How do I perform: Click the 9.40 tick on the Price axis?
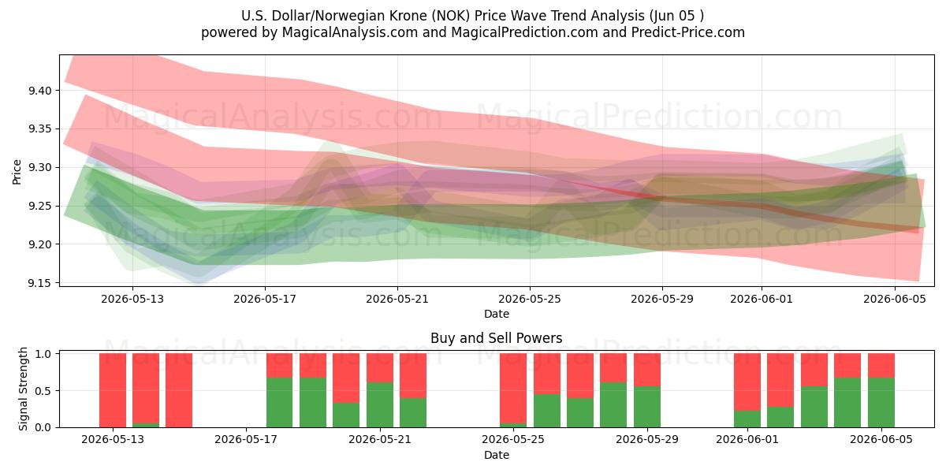pyautogui.click(x=39, y=91)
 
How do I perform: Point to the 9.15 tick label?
pyautogui.click(x=39, y=283)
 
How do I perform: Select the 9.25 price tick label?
pyautogui.click(x=39, y=206)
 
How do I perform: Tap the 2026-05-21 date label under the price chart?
pyautogui.click(x=397, y=299)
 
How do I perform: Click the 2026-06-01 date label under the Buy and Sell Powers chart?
pyautogui.click(x=747, y=439)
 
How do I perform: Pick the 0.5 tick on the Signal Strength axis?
pyautogui.click(x=43, y=391)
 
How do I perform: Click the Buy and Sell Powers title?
pyautogui.click(x=496, y=338)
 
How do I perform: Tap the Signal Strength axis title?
pyautogui.click(x=23, y=389)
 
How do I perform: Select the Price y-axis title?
pyautogui.click(x=17, y=172)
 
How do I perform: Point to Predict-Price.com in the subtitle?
pyautogui.click(x=688, y=32)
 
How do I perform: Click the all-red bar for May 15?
pyautogui.click(x=179, y=390)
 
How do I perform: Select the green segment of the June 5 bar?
pyautogui.click(x=881, y=403)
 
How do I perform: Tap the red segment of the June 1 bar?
pyautogui.click(x=747, y=382)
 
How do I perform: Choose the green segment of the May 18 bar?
pyautogui.click(x=279, y=403)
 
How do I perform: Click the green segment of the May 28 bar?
pyautogui.click(x=613, y=405)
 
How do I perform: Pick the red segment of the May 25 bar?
pyautogui.click(x=513, y=388)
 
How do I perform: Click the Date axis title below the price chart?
pyautogui.click(x=496, y=314)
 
